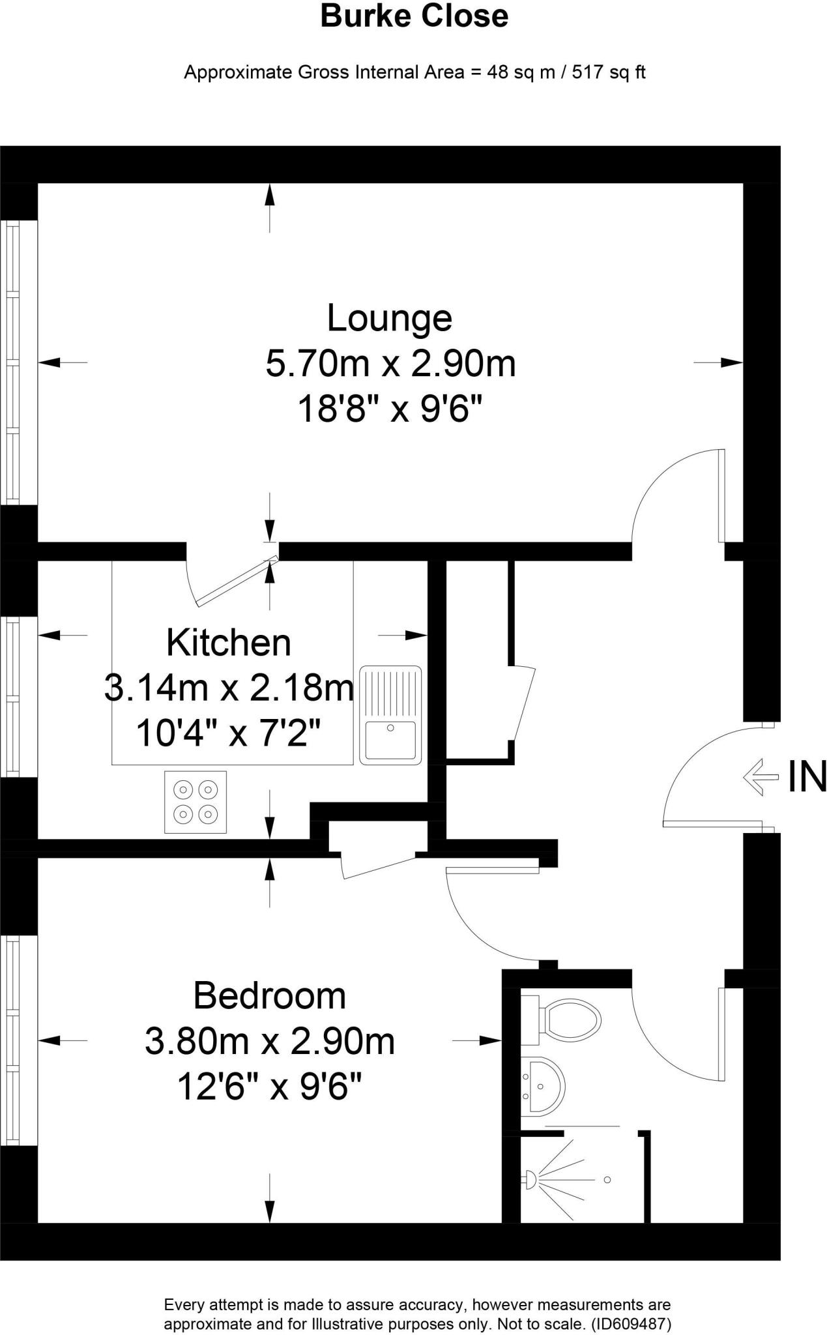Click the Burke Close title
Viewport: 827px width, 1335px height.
click(414, 16)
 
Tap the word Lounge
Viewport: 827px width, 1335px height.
click(389, 318)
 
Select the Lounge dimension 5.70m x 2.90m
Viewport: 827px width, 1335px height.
click(390, 364)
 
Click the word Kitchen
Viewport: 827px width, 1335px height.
click(229, 643)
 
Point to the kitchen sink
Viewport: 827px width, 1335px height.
click(390, 715)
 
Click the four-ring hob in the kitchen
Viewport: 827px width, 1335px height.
click(196, 802)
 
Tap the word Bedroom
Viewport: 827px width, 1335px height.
click(269, 996)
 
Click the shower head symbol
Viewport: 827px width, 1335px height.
click(530, 1178)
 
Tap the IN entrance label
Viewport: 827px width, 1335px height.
click(807, 777)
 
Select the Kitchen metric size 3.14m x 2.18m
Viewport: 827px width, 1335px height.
click(229, 688)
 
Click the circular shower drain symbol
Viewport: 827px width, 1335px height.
click(607, 1180)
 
